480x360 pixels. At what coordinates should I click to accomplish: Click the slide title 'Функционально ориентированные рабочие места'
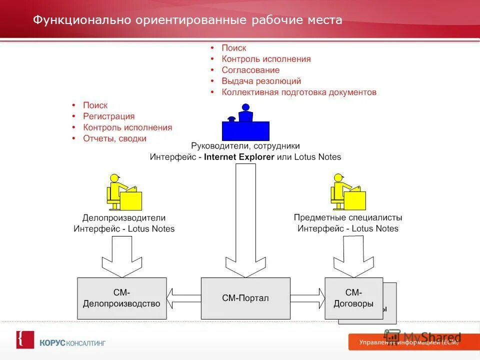click(x=187, y=20)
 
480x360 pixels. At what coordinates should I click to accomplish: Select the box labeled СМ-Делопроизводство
click(x=121, y=298)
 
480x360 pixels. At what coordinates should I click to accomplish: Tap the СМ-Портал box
click(x=245, y=298)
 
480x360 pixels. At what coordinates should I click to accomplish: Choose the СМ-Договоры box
click(x=353, y=298)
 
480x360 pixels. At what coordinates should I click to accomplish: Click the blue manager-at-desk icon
click(x=245, y=123)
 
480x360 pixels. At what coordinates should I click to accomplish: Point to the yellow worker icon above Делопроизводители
click(x=123, y=192)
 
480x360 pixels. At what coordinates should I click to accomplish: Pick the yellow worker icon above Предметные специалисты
click(x=347, y=192)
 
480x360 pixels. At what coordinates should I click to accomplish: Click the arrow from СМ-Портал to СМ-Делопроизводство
click(x=183, y=298)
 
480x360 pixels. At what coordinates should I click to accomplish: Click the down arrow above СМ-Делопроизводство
click(x=121, y=256)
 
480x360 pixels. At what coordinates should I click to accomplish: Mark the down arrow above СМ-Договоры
click(x=353, y=256)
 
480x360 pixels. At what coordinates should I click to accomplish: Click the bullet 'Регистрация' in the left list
click(x=108, y=116)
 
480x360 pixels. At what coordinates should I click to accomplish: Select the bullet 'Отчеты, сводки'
click(x=114, y=138)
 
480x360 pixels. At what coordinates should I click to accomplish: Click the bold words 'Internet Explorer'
click(x=239, y=156)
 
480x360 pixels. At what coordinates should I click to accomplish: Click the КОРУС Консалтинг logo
click(x=61, y=342)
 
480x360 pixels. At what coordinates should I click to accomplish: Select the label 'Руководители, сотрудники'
click(x=245, y=146)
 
